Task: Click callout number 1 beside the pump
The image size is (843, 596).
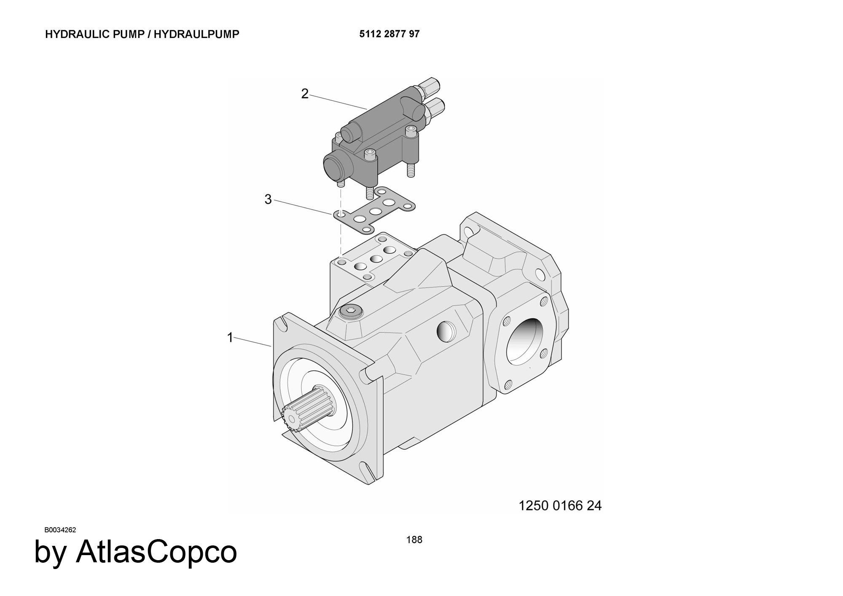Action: coord(230,337)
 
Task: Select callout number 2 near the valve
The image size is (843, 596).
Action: coord(305,94)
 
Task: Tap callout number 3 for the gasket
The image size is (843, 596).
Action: coord(268,199)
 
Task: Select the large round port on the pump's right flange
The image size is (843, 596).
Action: coord(523,341)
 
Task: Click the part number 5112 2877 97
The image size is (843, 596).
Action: coord(389,34)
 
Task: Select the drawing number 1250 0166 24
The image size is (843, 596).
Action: coord(560,505)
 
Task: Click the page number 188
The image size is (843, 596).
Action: coord(414,540)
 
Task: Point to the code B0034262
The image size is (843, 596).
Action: coord(60,530)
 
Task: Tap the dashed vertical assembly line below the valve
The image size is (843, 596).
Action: coord(340,236)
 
